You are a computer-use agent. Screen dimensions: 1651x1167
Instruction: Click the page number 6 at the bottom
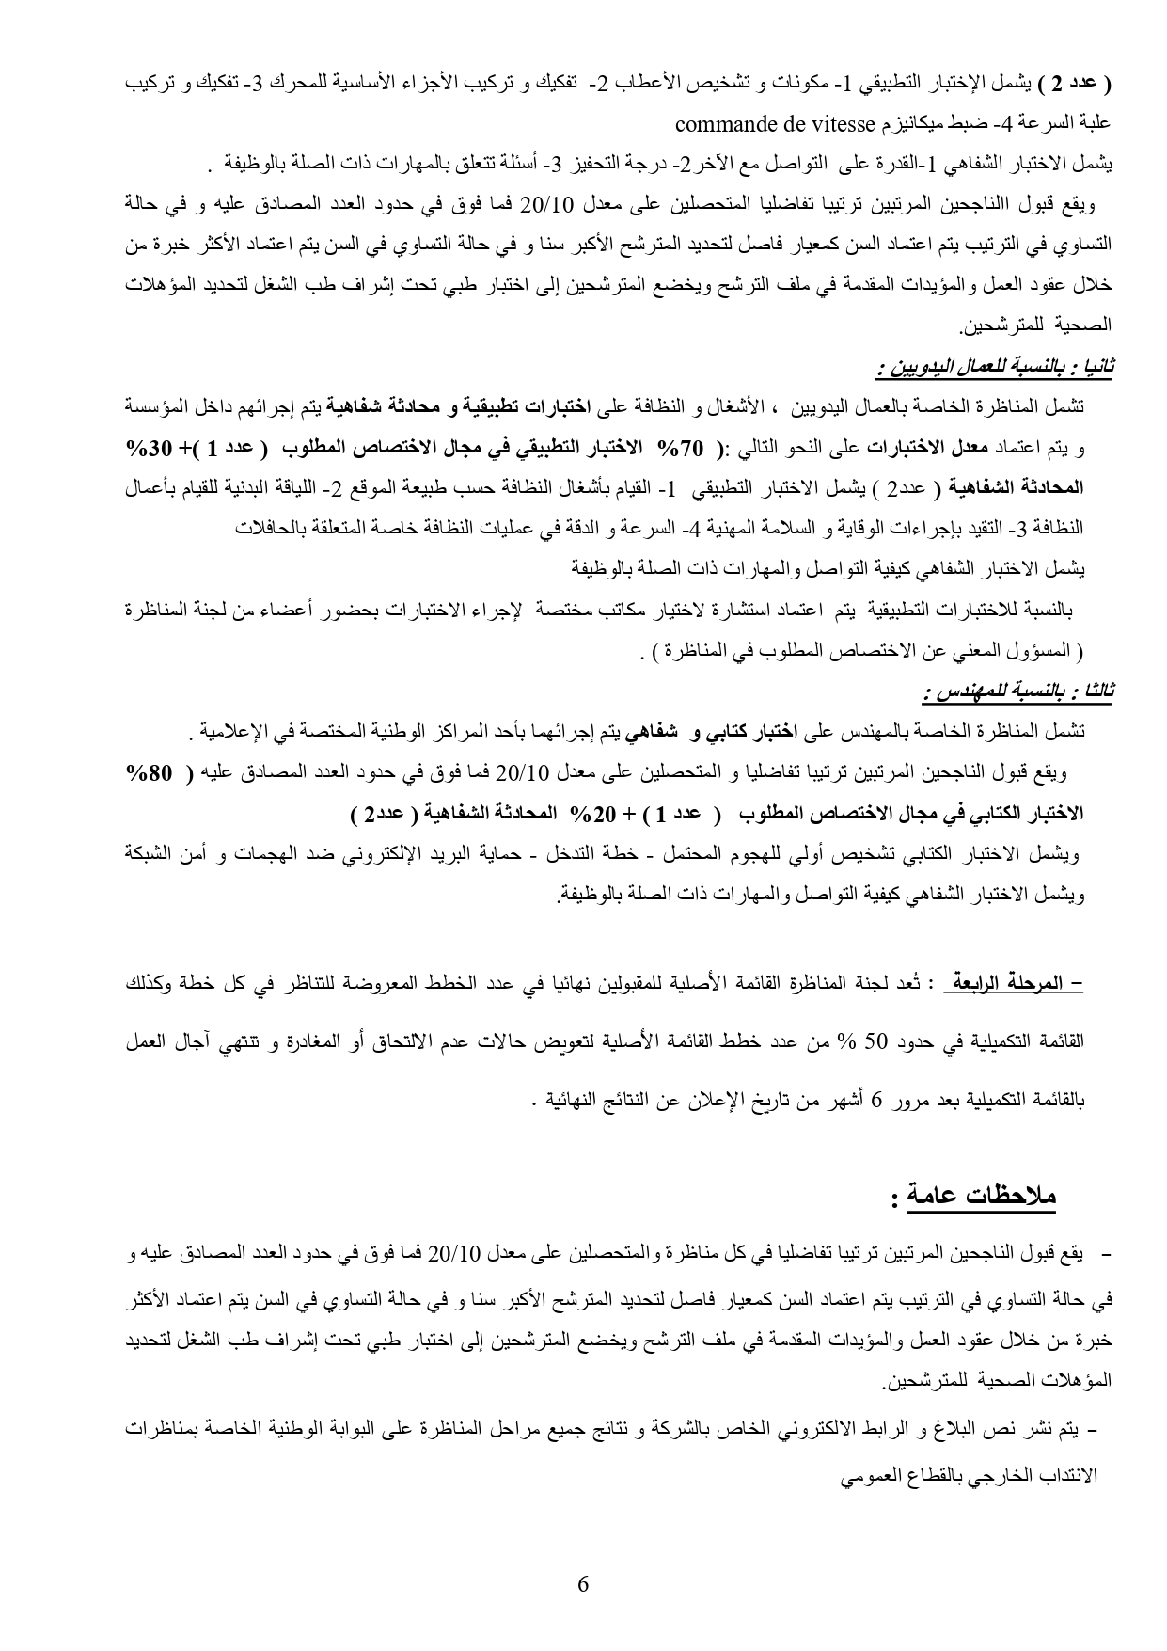point(583,1584)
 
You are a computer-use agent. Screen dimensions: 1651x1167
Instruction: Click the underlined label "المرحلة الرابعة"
point(1014,983)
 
